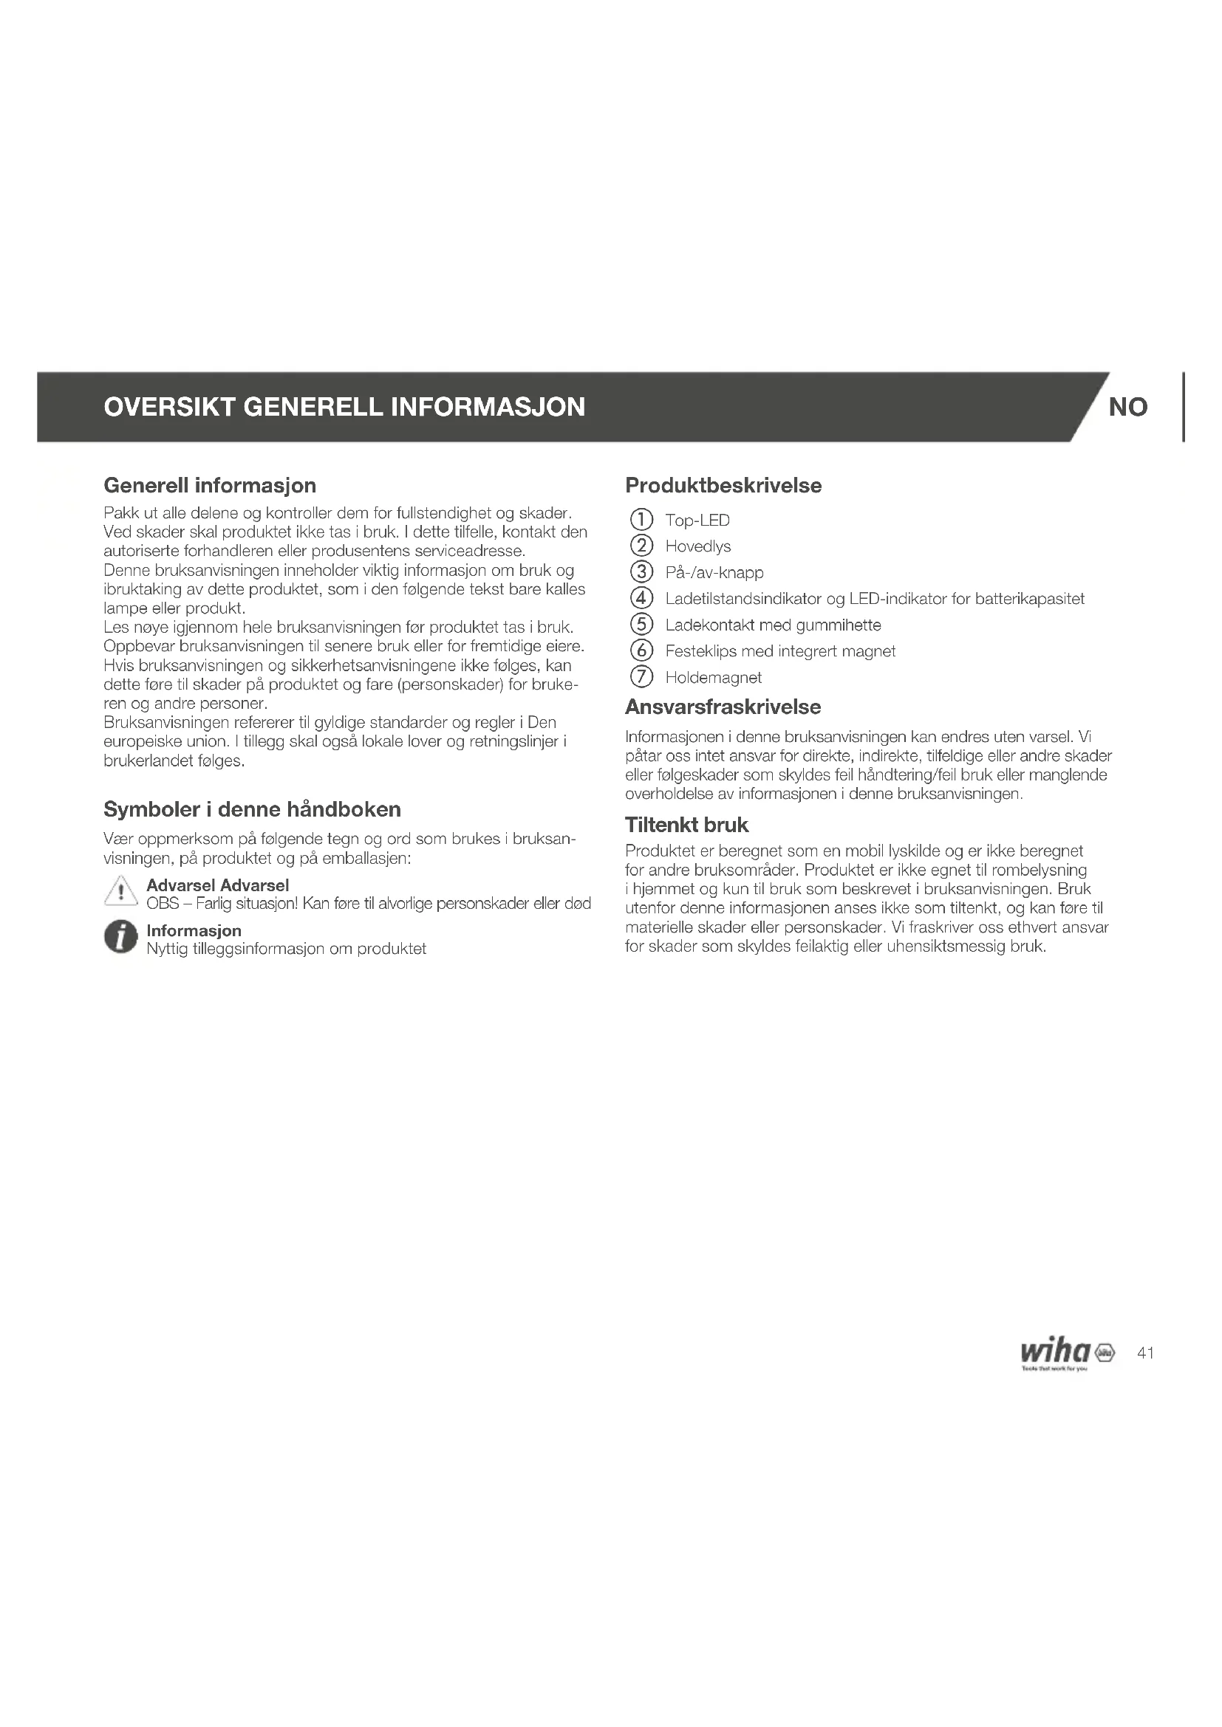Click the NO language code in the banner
click(x=1127, y=407)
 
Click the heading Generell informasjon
click(x=209, y=485)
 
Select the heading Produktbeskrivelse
click(x=723, y=485)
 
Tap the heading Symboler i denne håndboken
click(x=252, y=809)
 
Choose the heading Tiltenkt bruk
click(x=686, y=825)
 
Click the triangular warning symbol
click(x=120, y=893)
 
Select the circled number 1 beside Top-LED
click(x=641, y=520)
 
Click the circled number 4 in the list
click(x=641, y=599)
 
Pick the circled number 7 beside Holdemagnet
click(x=641, y=677)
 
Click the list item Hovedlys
click(x=697, y=546)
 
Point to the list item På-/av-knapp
click(x=714, y=572)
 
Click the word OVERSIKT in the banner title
click(x=169, y=407)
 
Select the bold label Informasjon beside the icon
click(x=194, y=930)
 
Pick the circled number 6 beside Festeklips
click(x=641, y=651)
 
